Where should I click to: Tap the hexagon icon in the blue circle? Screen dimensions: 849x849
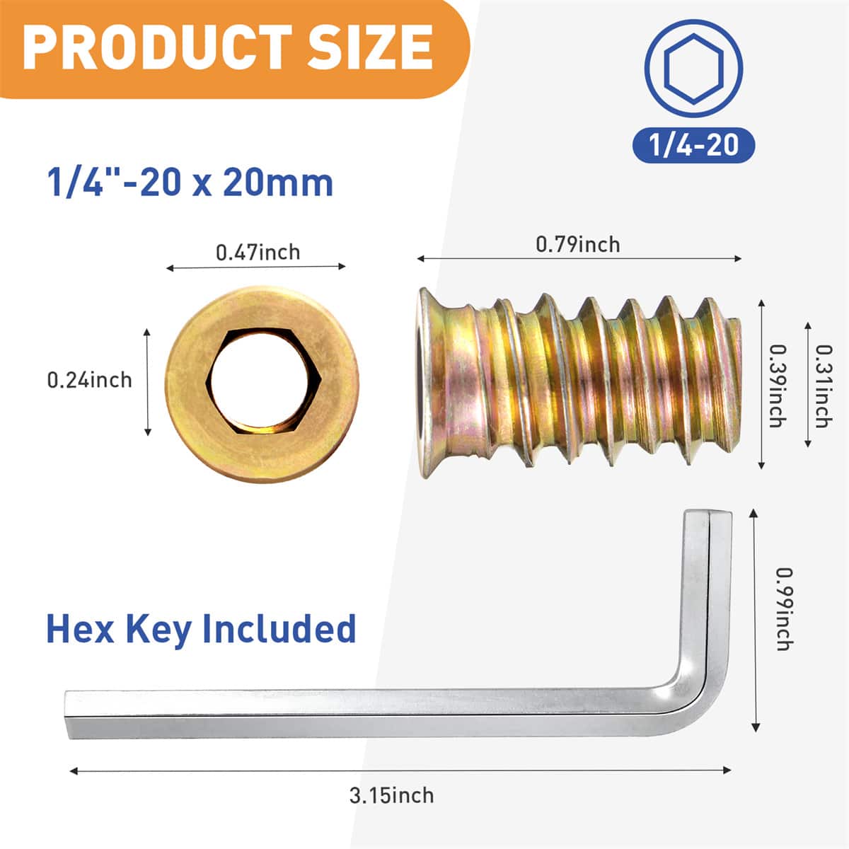pyautogui.click(x=693, y=69)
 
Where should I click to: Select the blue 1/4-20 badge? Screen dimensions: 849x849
pyautogui.click(x=693, y=145)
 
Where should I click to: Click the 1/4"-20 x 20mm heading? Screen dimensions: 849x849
pyautogui.click(x=190, y=183)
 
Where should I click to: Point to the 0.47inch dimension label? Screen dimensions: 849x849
pyautogui.click(x=258, y=252)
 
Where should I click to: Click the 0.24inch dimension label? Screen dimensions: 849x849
pyautogui.click(x=89, y=380)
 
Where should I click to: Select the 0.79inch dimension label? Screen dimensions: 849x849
pyautogui.click(x=577, y=244)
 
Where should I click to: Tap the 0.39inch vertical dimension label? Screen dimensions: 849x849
pyautogui.click(x=777, y=386)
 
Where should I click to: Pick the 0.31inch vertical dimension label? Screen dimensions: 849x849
pyautogui.click(x=823, y=386)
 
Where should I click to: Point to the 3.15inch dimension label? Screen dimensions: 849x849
pyautogui.click(x=391, y=795)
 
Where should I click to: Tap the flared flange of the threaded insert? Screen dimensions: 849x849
pyautogui.click(x=429, y=382)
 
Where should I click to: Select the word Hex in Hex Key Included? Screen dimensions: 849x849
pyautogui.click(x=80, y=628)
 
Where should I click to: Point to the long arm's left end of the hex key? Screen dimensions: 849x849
pyautogui.click(x=71, y=715)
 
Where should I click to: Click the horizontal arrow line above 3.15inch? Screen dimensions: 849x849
pyautogui.click(x=400, y=770)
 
